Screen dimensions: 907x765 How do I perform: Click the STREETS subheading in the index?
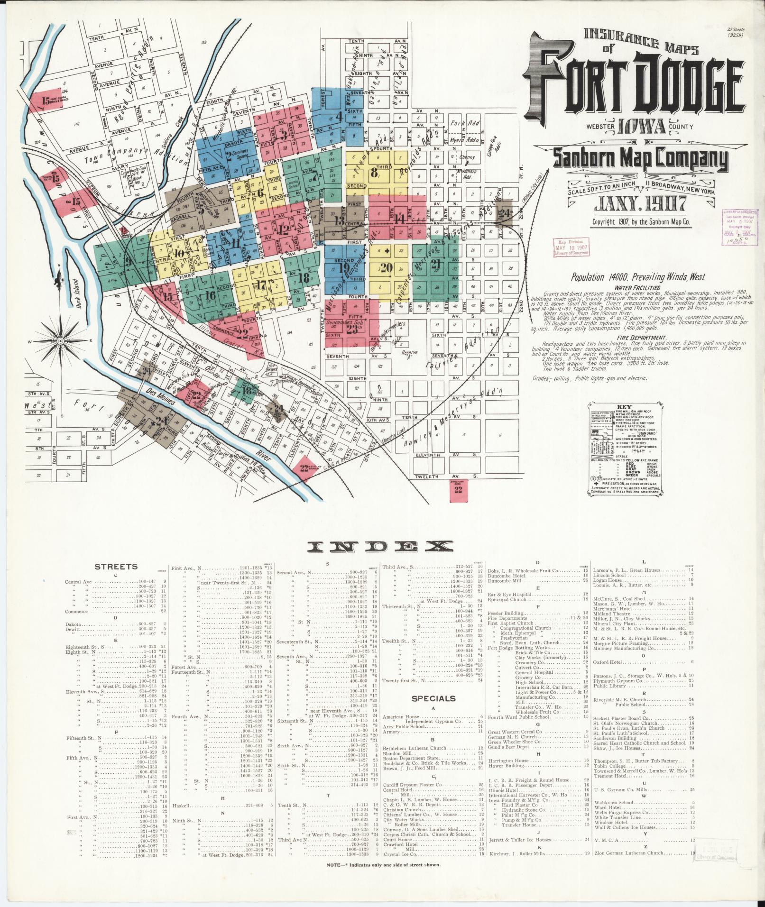[x=116, y=566]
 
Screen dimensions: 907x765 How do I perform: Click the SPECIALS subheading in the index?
[x=433, y=698]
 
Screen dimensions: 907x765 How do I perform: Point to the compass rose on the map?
[x=61, y=340]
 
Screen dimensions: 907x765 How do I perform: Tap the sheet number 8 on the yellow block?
[x=374, y=172]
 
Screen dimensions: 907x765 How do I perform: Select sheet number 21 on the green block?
[x=435, y=265]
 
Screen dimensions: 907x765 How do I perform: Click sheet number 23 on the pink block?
[x=352, y=329]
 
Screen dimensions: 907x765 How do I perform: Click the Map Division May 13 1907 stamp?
[x=571, y=247]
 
